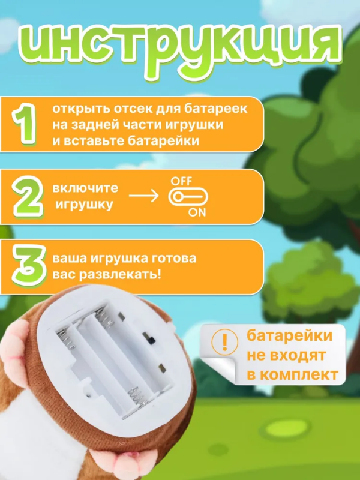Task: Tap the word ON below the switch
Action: point(197,212)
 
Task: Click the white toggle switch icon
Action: point(187,196)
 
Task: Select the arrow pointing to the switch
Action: point(144,196)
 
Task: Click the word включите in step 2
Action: point(85,188)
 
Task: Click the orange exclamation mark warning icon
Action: point(226,341)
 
